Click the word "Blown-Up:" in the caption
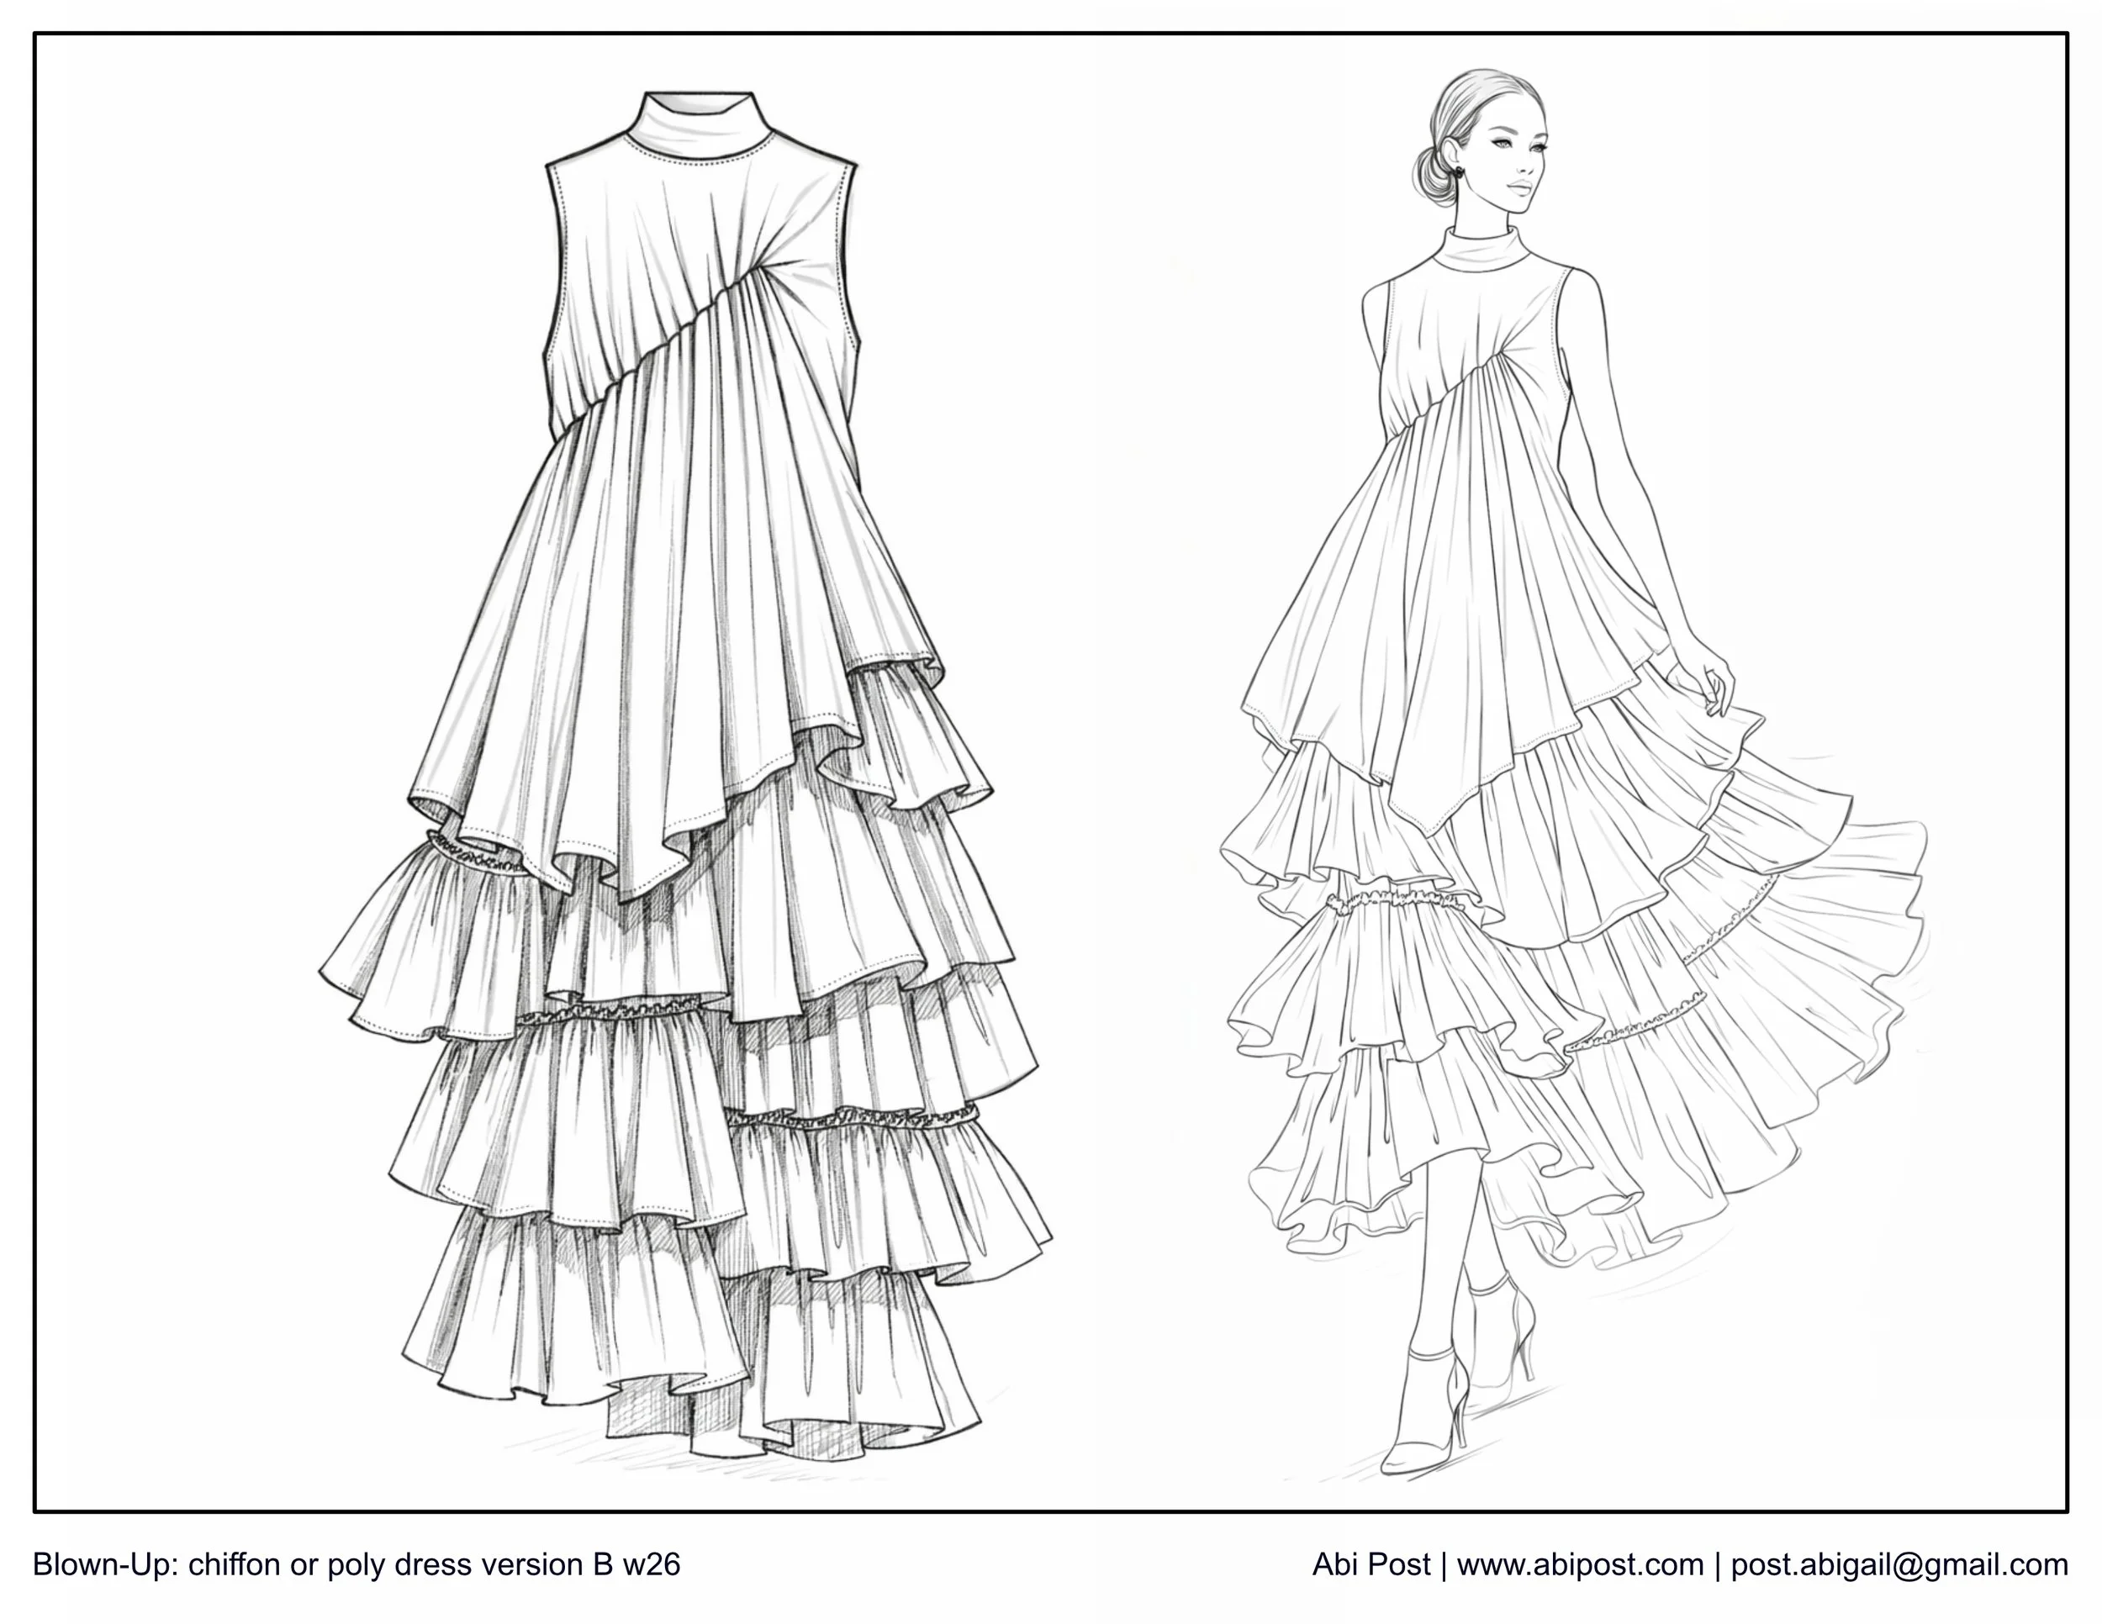click(x=107, y=1565)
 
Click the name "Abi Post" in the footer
click(x=1371, y=1565)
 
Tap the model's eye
click(x=1503, y=148)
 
